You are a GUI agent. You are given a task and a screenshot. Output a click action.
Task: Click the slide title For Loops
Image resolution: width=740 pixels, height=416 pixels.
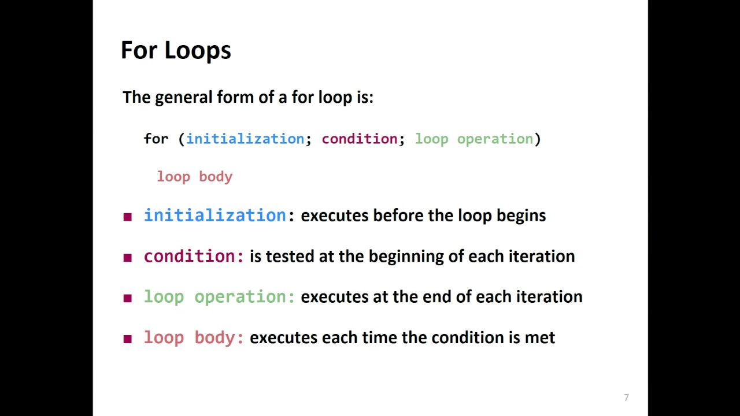(x=176, y=50)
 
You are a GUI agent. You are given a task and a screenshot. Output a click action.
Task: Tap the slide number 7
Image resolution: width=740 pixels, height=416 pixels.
(x=626, y=398)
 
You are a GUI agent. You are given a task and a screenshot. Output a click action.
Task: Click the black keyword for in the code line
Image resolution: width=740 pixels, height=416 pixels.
(x=156, y=139)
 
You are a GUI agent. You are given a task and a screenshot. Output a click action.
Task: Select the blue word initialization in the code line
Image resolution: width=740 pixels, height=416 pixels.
(x=245, y=139)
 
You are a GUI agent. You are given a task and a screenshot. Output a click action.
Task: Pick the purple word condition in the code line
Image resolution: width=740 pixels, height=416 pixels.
(x=360, y=139)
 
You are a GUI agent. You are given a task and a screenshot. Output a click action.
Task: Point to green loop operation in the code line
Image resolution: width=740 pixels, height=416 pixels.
(x=474, y=139)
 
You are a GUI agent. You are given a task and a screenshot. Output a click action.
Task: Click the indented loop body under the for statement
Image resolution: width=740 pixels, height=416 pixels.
(x=194, y=177)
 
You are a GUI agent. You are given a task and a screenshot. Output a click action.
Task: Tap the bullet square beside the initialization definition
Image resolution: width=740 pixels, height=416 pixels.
(x=128, y=217)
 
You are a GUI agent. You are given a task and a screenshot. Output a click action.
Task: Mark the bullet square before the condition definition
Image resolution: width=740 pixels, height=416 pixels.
(x=128, y=258)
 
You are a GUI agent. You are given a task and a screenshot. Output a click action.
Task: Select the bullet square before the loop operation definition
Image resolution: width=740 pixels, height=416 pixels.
(x=128, y=298)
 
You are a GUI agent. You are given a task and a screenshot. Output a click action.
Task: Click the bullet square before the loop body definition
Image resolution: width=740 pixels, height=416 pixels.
(x=128, y=339)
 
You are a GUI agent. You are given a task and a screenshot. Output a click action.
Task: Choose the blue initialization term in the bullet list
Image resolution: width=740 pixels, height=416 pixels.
(x=215, y=216)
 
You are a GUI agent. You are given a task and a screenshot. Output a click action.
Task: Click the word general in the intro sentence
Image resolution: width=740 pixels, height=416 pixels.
(x=184, y=97)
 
